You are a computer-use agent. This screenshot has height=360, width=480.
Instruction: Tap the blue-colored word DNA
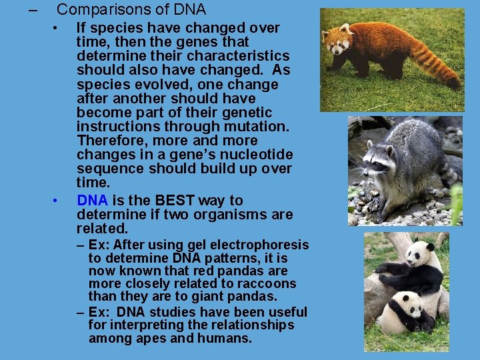pos(92,201)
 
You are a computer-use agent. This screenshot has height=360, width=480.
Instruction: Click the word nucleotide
pos(259,155)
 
